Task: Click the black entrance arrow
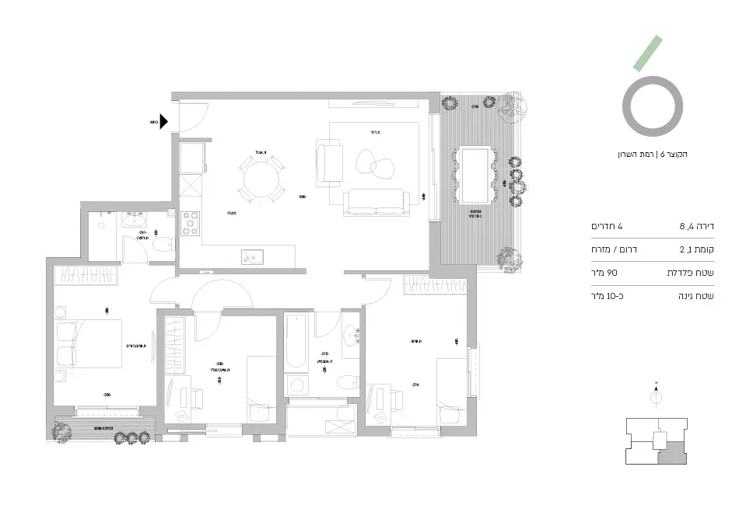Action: coord(165,122)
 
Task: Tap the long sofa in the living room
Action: coord(377,202)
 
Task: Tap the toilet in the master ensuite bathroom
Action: coord(163,246)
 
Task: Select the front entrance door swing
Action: coord(193,117)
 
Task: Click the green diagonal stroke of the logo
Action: coord(648,53)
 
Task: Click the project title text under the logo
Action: coord(652,155)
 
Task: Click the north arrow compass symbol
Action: coord(657,395)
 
